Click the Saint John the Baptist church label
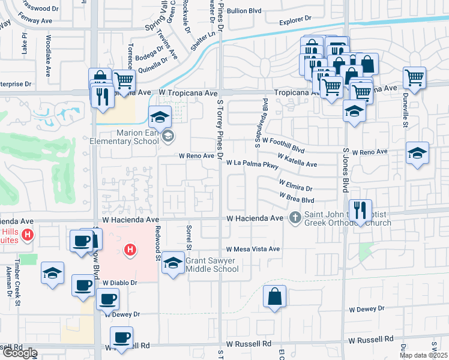click(345, 219)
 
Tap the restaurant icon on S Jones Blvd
click(360, 211)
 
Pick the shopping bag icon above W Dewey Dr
click(274, 296)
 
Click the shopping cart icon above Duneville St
click(415, 77)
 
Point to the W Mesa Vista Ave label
click(253, 249)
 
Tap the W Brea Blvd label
click(297, 197)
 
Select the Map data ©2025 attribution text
click(423, 355)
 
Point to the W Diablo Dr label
click(119, 282)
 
